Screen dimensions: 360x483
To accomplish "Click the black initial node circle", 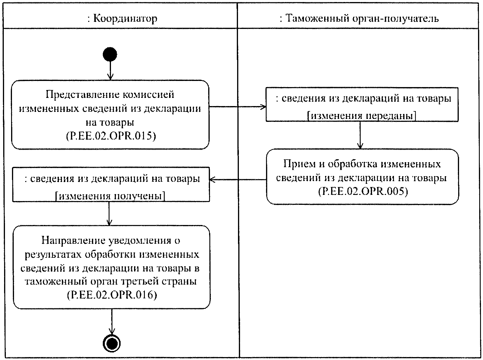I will pyautogui.click(x=110, y=55).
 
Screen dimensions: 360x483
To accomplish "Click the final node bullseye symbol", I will pyautogui.click(x=112, y=343).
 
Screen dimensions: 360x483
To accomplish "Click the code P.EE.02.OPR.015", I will pyautogui.click(x=110, y=136).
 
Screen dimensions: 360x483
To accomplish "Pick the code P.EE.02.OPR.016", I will pyautogui.click(x=112, y=295).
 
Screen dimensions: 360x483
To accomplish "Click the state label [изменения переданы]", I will pyautogui.click(x=362, y=116).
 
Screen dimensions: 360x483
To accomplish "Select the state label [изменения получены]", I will pyautogui.click(x=110, y=196).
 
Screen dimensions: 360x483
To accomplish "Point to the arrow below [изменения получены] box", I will pyautogui.click(x=109, y=213).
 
